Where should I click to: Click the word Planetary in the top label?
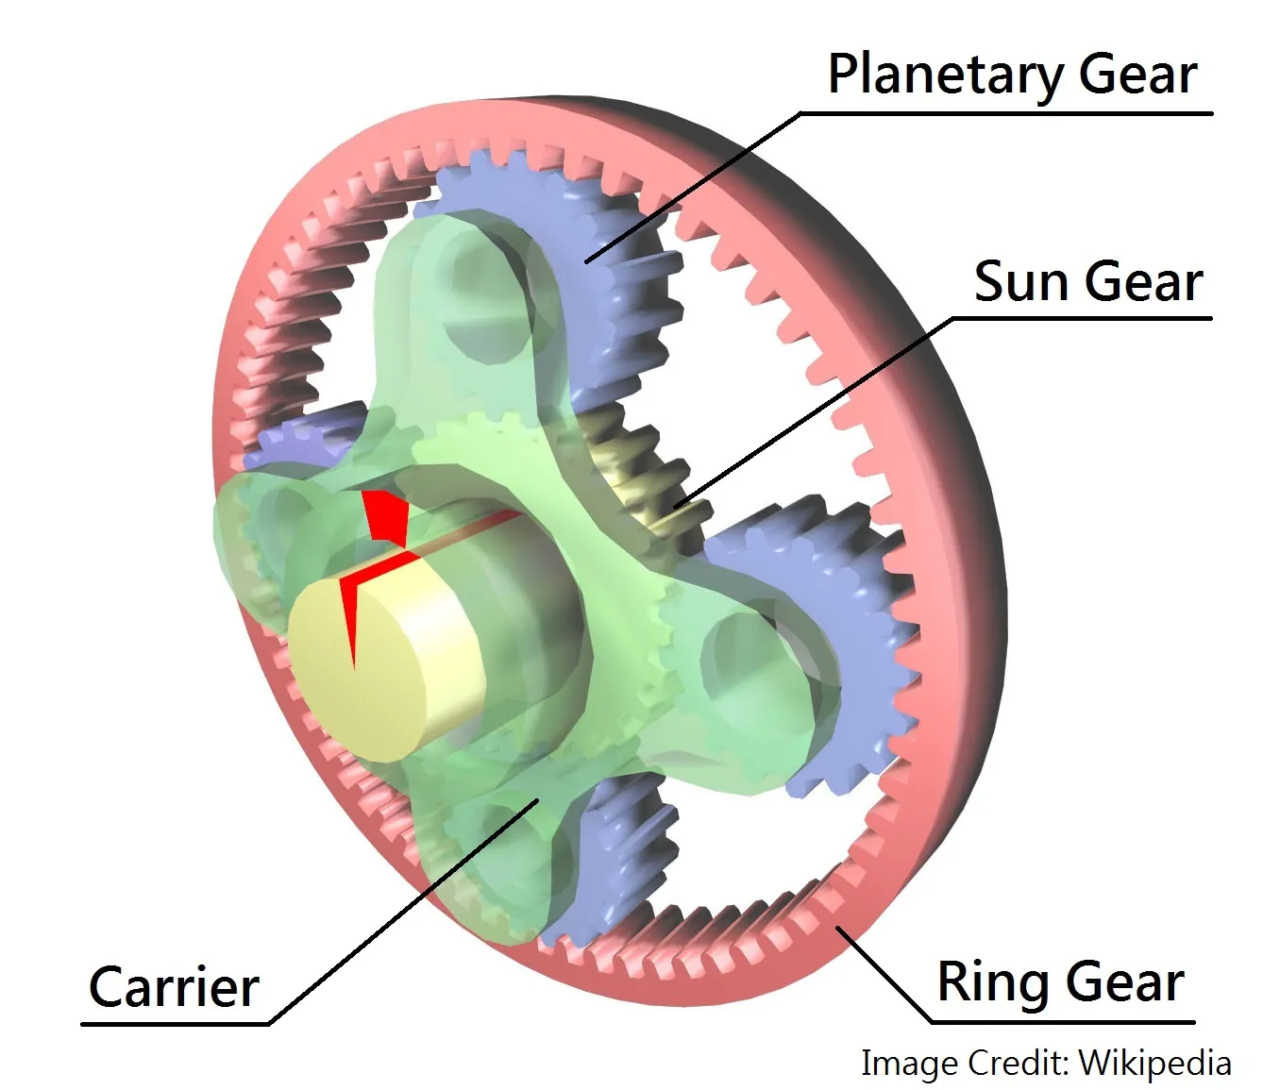coord(946,75)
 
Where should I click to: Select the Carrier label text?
coord(174,988)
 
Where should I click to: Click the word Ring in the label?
coord(986,982)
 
